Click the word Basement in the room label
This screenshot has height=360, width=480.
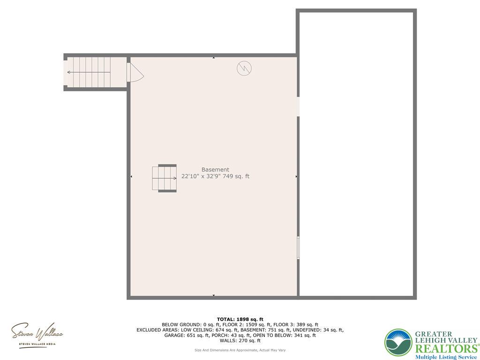tap(215, 170)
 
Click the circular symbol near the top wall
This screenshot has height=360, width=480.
tap(244, 68)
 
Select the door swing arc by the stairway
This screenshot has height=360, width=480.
tap(136, 73)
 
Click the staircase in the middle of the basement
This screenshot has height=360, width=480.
tap(165, 179)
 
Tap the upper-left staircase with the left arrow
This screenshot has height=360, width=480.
tap(89, 72)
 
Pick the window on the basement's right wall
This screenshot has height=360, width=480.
tap(298, 247)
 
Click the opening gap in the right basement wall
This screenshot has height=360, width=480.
tap(298, 106)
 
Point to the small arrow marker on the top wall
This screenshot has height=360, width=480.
tap(214, 58)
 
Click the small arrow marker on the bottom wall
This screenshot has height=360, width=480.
tap(214, 295)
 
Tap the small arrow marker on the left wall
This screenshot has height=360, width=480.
tap(131, 176)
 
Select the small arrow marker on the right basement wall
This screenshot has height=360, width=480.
tap(296, 176)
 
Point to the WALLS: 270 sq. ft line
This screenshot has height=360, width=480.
tap(240, 341)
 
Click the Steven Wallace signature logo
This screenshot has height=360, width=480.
tap(37, 334)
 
